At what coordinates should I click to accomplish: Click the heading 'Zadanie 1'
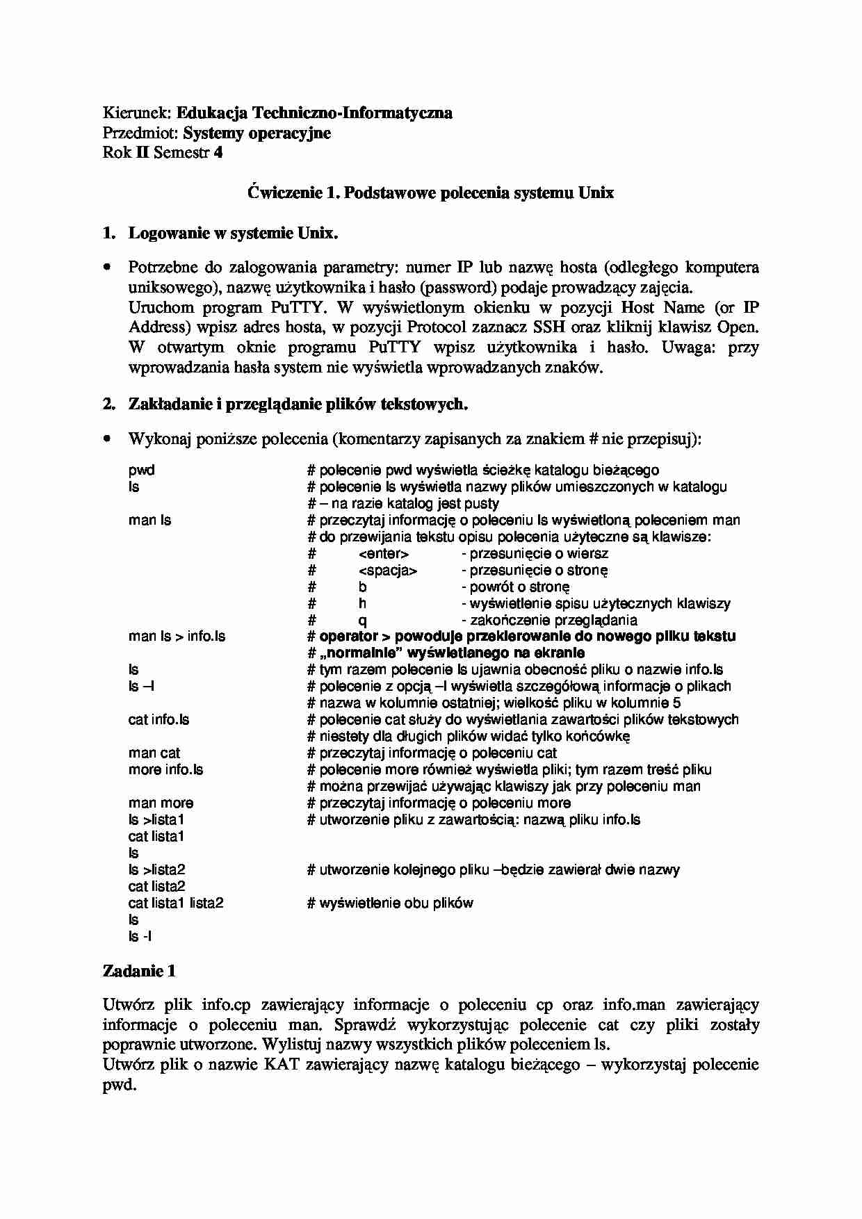[139, 971]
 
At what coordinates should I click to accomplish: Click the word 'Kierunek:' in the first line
[136, 113]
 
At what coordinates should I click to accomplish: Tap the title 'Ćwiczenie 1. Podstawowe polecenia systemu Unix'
[430, 193]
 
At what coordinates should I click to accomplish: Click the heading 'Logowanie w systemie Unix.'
[233, 233]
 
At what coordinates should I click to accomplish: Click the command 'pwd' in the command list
[141, 470]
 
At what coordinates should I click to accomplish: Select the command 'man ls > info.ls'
[177, 636]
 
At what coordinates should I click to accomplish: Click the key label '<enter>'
[384, 553]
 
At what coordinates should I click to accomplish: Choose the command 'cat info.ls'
[158, 719]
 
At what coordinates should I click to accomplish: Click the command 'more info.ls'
[165, 769]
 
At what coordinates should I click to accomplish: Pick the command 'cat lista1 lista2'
[176, 903]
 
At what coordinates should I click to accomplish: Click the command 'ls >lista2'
[156, 869]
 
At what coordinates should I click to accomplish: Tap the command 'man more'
[161, 803]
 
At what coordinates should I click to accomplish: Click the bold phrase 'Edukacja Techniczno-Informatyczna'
[314, 113]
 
